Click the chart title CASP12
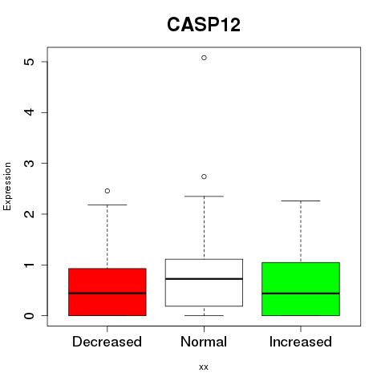(x=204, y=25)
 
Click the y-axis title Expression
(x=7, y=186)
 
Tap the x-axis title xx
(x=204, y=367)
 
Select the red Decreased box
(x=107, y=292)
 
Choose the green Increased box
(x=301, y=289)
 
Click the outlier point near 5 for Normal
(x=204, y=58)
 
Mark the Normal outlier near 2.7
(x=204, y=176)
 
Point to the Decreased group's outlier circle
(x=107, y=191)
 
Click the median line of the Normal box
(x=204, y=279)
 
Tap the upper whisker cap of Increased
(x=301, y=201)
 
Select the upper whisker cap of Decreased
(x=107, y=205)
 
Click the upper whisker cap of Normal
(x=204, y=197)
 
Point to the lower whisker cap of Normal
(x=204, y=315)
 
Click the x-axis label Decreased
(x=107, y=342)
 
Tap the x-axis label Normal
(x=204, y=342)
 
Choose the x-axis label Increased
(x=301, y=342)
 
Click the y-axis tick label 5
(x=30, y=62)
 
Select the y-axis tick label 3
(x=30, y=164)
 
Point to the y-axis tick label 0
(x=30, y=316)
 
